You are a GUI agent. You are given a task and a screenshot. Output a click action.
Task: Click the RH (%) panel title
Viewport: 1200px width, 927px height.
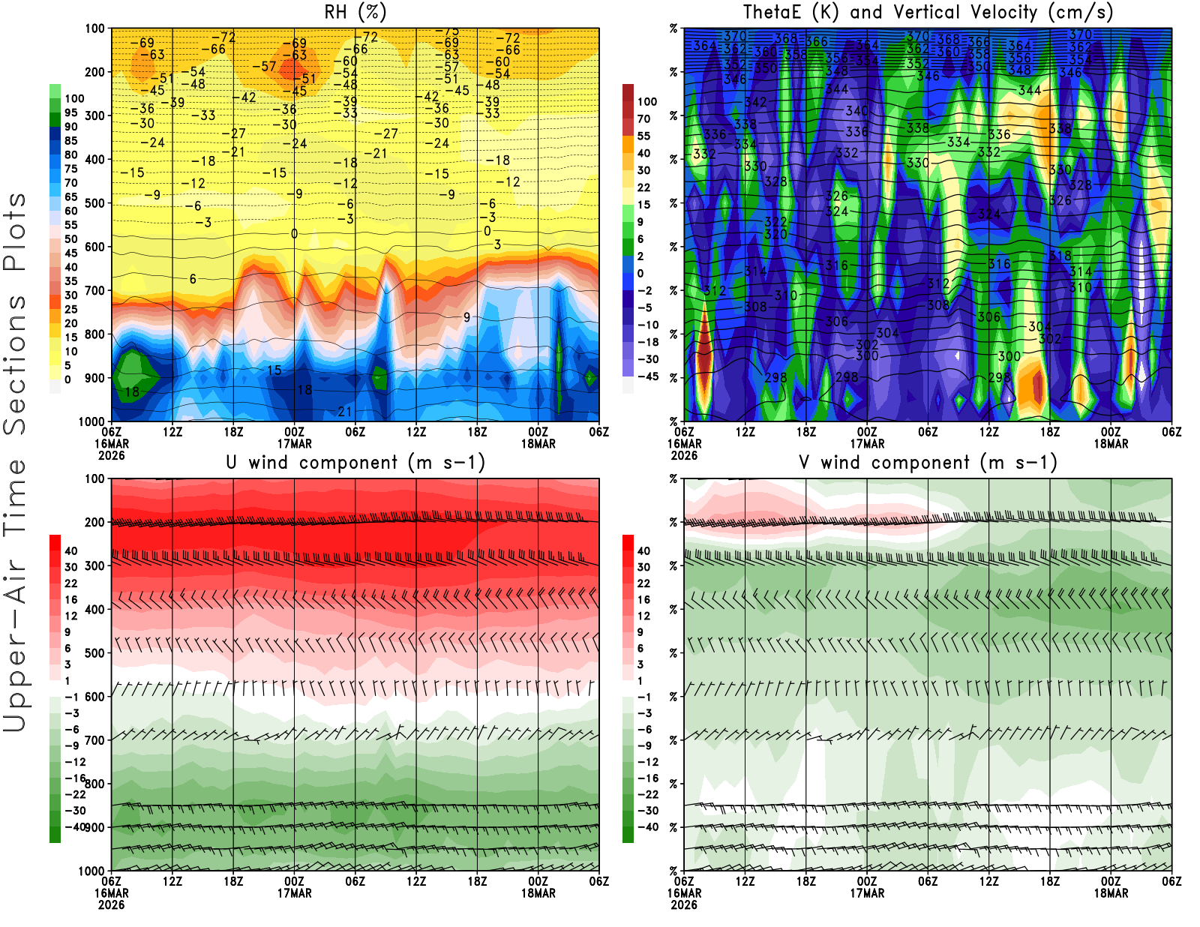tap(355, 13)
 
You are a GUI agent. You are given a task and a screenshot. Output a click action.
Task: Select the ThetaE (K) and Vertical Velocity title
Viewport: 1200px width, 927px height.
tap(928, 13)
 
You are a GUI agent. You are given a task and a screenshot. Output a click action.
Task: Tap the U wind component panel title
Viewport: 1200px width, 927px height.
tap(355, 463)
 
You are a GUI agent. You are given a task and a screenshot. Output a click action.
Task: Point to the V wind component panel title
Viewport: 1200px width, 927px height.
tap(928, 463)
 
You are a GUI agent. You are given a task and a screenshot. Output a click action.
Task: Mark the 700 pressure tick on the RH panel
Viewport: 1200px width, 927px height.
tap(95, 290)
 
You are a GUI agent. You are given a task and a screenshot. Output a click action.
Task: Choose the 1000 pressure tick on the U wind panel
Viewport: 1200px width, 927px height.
tap(92, 871)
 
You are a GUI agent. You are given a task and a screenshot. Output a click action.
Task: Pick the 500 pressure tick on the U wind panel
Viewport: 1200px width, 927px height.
tap(95, 653)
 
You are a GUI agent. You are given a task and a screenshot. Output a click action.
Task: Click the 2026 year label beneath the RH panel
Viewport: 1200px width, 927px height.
tap(112, 455)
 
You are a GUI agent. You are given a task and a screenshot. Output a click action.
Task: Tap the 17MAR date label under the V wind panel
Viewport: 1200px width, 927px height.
tap(867, 893)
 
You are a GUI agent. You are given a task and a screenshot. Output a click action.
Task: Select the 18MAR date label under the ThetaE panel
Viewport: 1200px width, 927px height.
tap(1111, 443)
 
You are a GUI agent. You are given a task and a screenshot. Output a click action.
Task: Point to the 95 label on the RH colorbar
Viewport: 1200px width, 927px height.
tap(71, 112)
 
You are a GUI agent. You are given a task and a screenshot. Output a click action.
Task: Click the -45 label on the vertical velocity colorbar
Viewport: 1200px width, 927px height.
tap(647, 376)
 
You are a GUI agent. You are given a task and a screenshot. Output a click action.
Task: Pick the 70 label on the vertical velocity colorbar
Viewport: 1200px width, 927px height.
tap(643, 118)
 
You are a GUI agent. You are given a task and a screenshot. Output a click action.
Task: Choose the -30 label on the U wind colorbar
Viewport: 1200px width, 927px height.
tap(75, 811)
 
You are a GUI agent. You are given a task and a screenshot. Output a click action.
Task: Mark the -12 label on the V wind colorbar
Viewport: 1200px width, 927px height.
tap(647, 762)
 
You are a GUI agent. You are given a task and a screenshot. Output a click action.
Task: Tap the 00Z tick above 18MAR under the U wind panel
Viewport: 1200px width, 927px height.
tap(538, 881)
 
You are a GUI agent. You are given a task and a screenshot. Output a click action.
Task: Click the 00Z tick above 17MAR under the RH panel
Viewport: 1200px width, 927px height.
tap(295, 431)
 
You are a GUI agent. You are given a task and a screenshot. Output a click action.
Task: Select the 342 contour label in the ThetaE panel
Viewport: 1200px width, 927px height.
tap(755, 102)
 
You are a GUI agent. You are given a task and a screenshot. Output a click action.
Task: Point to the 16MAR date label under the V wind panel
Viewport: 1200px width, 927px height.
tap(684, 893)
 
